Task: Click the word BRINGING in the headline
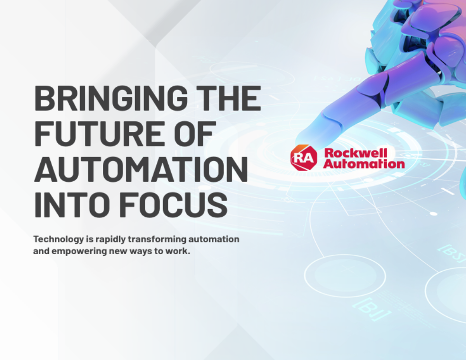[x=111, y=98]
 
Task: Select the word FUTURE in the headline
[x=100, y=134]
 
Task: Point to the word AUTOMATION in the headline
[x=141, y=169]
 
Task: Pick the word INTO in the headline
[x=72, y=204]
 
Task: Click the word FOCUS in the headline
[x=173, y=204]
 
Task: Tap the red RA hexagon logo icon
[x=303, y=157]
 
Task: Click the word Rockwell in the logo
[x=356, y=153]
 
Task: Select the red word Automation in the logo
[x=364, y=164]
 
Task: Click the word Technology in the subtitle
[x=59, y=240]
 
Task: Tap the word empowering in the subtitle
[x=79, y=251]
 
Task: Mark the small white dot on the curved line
[x=433, y=214]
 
